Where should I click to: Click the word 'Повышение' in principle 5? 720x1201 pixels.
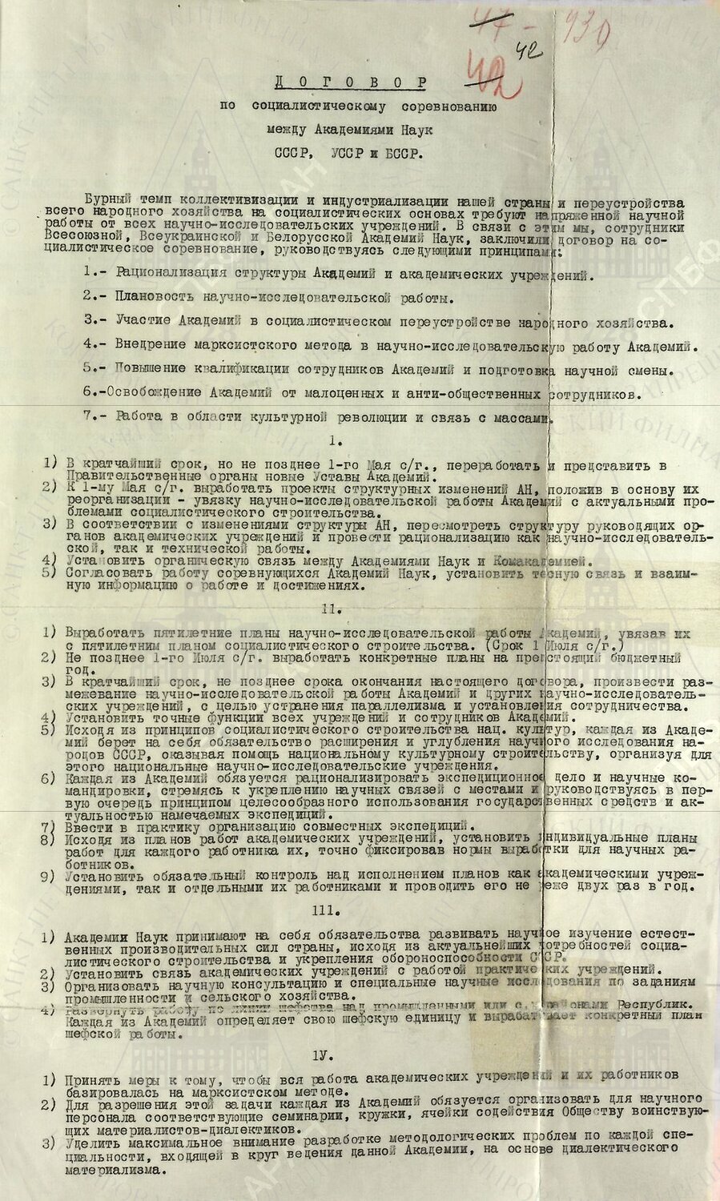[x=153, y=372]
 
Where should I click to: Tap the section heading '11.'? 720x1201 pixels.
[x=360, y=607]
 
